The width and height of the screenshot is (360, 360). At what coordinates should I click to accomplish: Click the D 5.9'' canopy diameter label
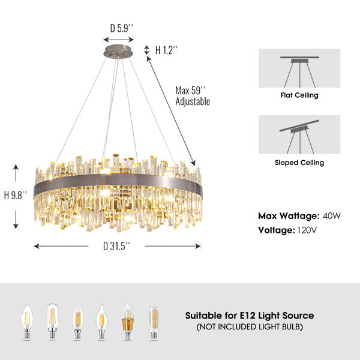(121, 28)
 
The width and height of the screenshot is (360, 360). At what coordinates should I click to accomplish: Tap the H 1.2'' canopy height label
(166, 50)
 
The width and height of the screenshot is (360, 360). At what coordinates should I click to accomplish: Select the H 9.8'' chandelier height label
(16, 196)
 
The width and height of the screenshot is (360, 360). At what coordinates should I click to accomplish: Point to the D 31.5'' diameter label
(116, 246)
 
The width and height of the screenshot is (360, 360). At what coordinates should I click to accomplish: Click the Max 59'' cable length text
(190, 91)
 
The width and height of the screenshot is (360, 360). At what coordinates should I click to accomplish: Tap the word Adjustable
(193, 101)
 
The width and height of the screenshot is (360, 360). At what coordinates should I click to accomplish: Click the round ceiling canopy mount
(118, 51)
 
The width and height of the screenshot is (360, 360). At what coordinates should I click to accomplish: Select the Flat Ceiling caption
(299, 95)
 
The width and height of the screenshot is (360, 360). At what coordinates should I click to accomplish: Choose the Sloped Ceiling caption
(299, 163)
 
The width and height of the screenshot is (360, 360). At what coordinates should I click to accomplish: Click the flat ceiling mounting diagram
(299, 68)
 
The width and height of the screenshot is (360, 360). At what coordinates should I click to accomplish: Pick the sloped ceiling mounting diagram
(299, 134)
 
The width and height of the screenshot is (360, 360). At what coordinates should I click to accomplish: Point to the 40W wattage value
(332, 216)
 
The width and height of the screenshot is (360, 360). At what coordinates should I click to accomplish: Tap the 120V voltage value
(307, 230)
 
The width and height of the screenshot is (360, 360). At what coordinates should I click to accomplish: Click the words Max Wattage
(289, 216)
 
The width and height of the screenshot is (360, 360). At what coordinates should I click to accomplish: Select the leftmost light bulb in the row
(28, 322)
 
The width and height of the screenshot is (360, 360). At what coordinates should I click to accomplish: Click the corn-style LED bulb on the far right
(154, 323)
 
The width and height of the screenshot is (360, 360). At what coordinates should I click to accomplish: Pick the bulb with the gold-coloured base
(128, 321)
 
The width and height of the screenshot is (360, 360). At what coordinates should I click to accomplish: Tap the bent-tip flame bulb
(101, 322)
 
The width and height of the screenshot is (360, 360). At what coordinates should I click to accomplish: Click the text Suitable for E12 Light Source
(250, 316)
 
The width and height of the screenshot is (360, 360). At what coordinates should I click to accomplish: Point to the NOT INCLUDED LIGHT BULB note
(250, 327)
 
